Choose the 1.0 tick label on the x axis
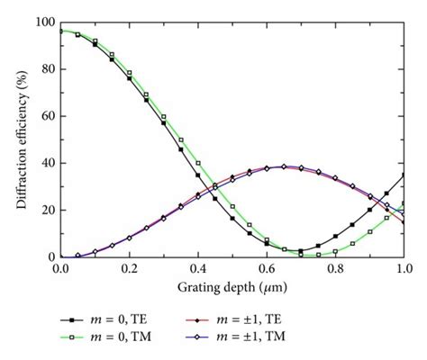pyautogui.click(x=404, y=269)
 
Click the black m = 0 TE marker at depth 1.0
pyautogui.click(x=404, y=175)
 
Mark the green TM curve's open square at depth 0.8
pyautogui.click(x=335, y=252)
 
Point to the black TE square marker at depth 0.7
pyautogui.click(x=301, y=251)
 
